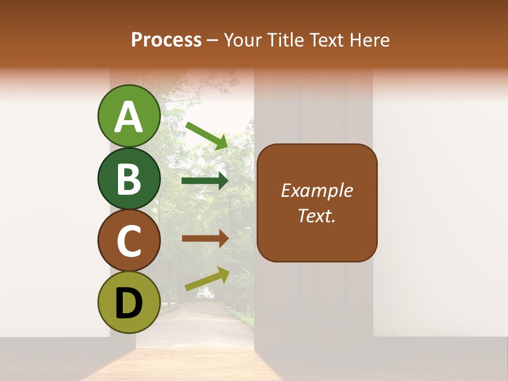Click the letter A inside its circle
129,117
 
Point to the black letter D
129,303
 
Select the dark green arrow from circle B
205,181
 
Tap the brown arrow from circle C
205,238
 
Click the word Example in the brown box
317,190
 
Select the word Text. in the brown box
317,215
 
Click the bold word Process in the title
166,40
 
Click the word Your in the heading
243,40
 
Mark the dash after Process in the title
213,41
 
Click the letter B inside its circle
129,179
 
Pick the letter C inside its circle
129,241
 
